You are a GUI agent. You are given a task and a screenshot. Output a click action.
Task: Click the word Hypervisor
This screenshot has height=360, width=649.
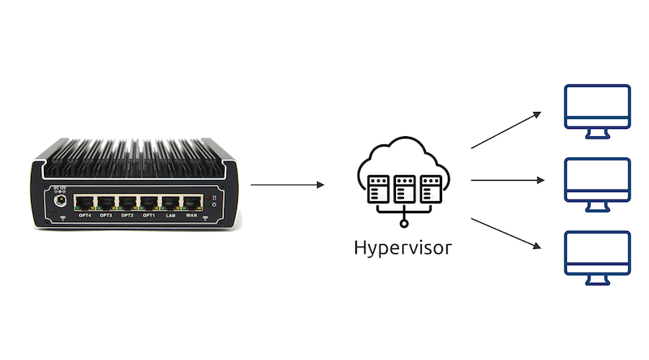(403, 247)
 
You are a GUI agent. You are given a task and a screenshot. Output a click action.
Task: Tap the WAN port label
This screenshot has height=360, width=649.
(191, 216)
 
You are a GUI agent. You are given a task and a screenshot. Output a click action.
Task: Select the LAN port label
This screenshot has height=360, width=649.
(170, 216)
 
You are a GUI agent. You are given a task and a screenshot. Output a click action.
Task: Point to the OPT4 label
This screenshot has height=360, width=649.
(84, 216)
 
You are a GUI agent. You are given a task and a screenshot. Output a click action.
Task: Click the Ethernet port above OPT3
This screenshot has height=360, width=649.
(106, 202)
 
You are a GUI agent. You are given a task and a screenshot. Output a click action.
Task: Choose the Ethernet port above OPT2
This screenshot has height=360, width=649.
(127, 202)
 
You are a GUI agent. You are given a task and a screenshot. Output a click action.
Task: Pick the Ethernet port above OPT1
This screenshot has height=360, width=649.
(148, 202)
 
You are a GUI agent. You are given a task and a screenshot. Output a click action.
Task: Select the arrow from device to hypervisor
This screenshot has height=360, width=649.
(288, 185)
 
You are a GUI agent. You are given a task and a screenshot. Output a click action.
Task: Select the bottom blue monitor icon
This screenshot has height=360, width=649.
(597, 255)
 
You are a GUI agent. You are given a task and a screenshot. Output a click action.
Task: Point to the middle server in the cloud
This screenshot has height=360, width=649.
(403, 189)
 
